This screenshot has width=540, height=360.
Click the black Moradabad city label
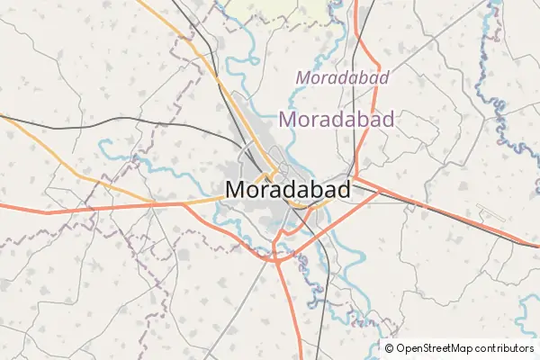click(x=286, y=190)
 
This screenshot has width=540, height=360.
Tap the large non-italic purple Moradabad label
click(x=337, y=119)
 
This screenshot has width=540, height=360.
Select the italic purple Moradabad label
click(x=342, y=78)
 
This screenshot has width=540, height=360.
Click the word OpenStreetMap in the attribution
click(x=440, y=348)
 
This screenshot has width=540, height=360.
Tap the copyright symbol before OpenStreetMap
click(x=389, y=348)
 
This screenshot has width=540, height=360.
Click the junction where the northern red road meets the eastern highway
click(x=356, y=177)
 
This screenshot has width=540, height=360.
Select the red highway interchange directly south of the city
click(x=275, y=256)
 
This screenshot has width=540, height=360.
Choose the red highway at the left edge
click(x=9, y=208)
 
